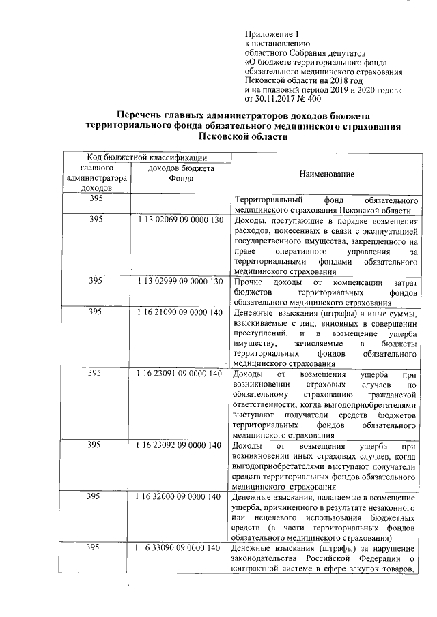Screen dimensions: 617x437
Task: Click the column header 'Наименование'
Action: point(326,175)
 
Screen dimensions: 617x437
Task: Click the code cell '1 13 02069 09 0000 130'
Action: point(179,221)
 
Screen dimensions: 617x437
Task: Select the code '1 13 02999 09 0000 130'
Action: point(179,282)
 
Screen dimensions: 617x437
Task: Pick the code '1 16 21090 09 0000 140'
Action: point(179,312)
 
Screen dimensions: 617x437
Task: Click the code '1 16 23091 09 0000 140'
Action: point(179,373)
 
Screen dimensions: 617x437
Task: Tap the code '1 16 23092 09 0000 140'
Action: point(179,445)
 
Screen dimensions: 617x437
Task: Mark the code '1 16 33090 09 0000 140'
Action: point(179,548)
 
